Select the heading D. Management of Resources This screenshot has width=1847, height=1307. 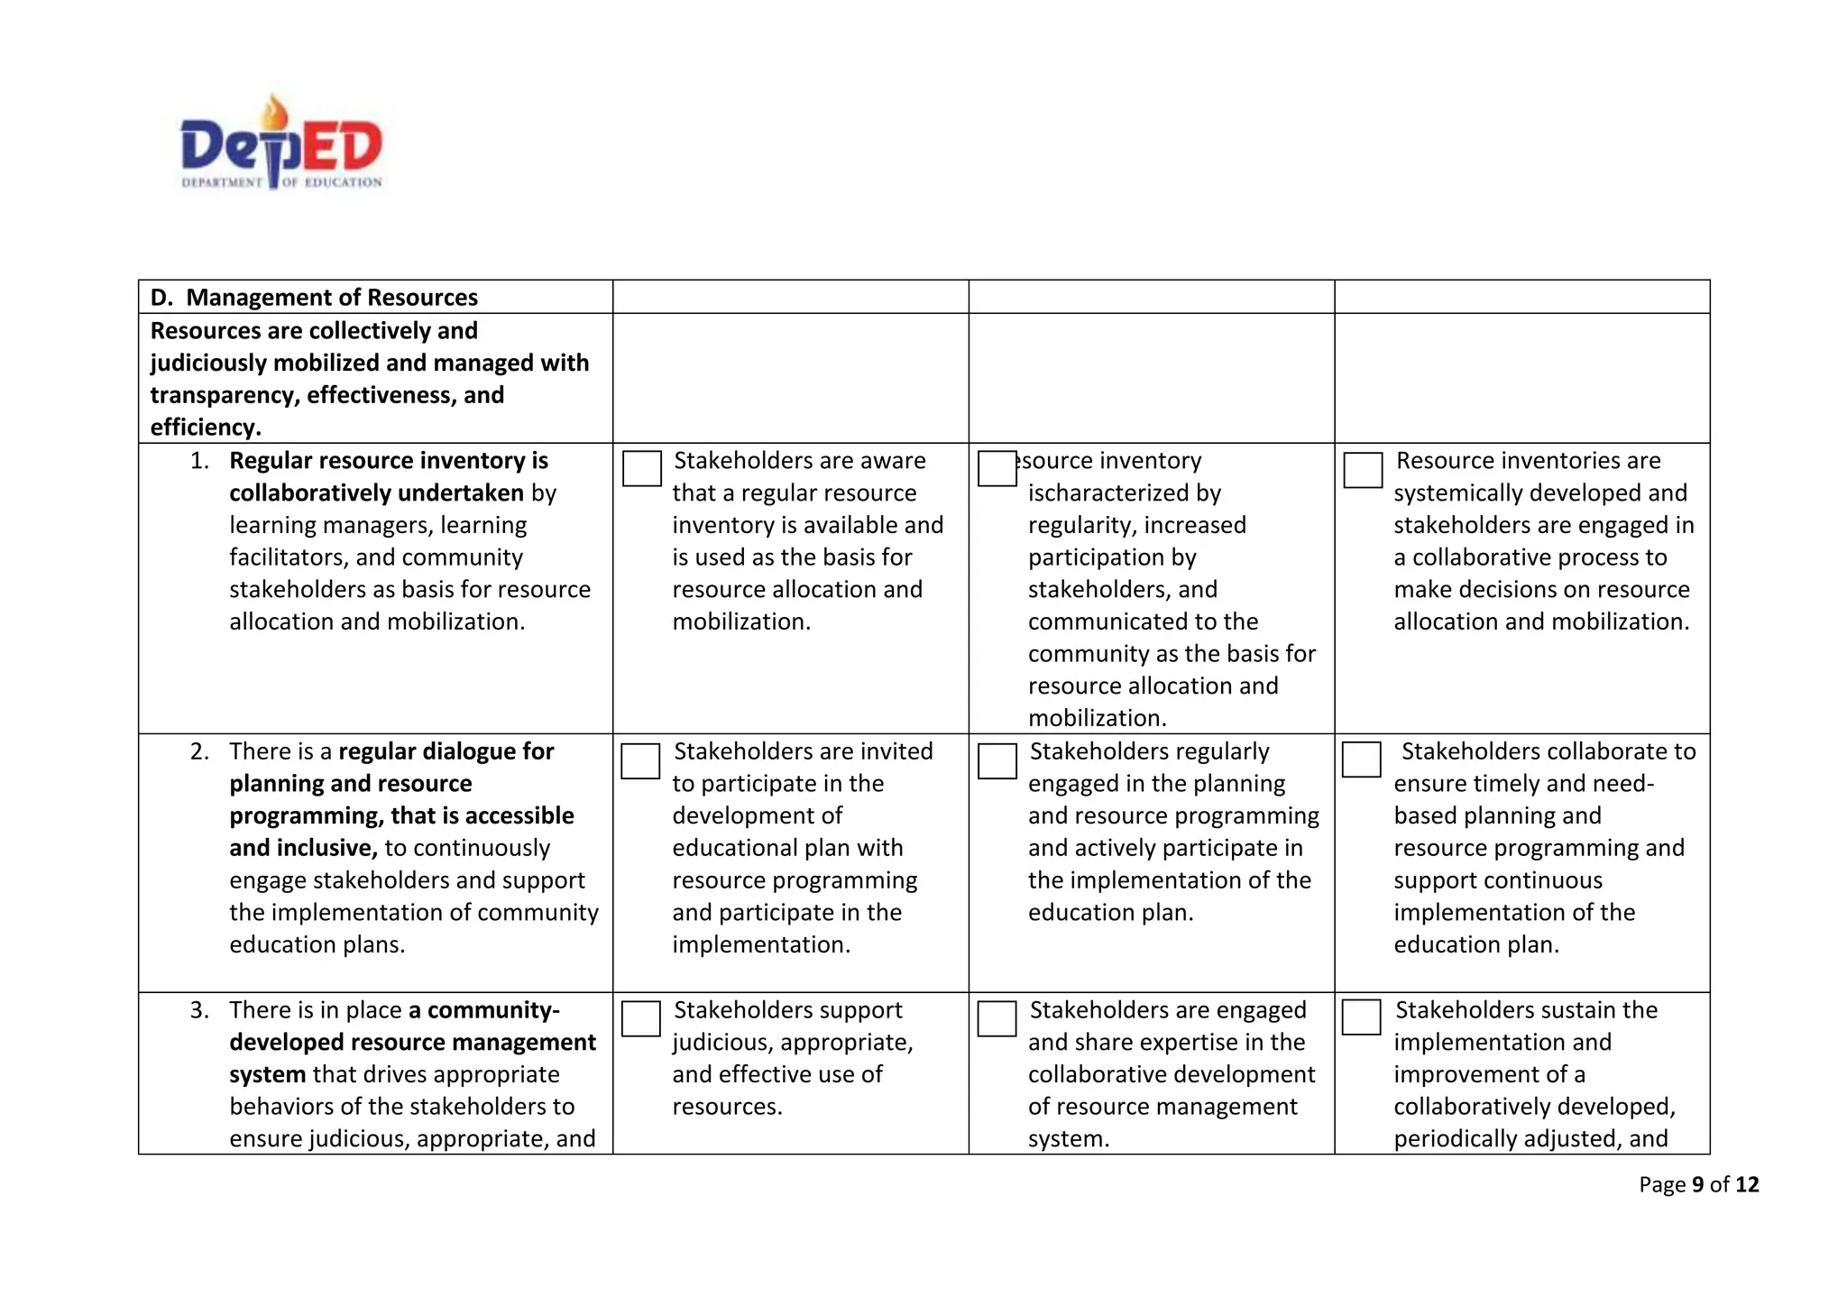314,298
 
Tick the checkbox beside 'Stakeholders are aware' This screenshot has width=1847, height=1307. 642,469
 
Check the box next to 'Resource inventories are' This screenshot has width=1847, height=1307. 1363,470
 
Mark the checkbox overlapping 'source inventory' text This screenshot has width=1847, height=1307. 997,469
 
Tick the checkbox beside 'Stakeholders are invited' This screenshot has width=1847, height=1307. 640,761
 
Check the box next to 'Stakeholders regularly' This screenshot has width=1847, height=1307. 997,761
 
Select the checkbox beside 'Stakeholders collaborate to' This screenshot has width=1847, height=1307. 1361,759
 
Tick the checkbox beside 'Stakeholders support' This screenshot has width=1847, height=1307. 640,1019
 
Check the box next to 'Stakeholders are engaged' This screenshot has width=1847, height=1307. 997,1019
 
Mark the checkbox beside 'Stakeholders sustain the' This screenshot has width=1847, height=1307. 1361,1017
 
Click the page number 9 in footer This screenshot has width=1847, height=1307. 1698,1185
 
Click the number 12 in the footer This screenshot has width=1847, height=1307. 1747,1185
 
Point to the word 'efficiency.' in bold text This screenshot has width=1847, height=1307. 206,428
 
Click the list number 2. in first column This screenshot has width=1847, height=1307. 199,752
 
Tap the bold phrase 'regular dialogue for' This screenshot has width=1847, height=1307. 446,752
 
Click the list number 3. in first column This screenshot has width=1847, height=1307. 199,1010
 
